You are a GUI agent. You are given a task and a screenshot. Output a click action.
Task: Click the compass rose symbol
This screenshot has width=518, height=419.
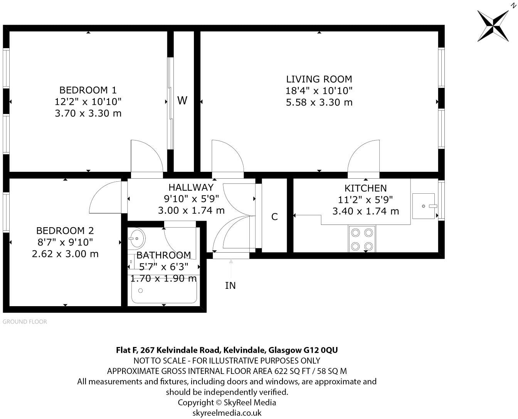[x=493, y=26]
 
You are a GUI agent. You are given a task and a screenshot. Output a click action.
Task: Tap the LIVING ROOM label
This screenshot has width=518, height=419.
[x=319, y=79]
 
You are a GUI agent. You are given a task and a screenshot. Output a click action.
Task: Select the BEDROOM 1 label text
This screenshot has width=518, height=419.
[x=88, y=90]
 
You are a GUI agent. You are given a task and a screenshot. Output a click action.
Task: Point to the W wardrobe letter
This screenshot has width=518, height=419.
[x=182, y=101]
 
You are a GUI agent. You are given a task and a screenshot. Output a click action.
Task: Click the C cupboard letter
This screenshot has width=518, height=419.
[x=274, y=216]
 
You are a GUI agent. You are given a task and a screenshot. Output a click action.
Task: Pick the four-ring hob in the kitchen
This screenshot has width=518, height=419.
[x=362, y=240]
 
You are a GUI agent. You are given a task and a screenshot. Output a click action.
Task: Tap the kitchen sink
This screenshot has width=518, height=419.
[x=424, y=206]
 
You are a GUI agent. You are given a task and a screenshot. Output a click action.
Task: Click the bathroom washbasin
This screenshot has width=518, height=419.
[x=136, y=238]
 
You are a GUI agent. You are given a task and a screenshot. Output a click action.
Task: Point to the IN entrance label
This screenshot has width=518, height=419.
[x=230, y=286]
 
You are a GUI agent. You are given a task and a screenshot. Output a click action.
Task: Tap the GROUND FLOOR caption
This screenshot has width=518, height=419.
[x=25, y=322]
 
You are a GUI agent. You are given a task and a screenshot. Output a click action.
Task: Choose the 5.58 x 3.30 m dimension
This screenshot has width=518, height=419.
[x=319, y=102]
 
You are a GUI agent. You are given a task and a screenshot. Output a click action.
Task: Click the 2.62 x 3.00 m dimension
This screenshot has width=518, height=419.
[x=65, y=254]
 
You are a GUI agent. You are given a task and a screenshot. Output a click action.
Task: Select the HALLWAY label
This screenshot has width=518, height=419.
[x=191, y=188]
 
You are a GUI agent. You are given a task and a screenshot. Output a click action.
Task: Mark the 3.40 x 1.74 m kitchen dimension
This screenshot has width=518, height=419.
[x=365, y=211]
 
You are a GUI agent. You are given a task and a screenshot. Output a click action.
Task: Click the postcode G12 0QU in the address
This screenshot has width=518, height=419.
[x=321, y=350]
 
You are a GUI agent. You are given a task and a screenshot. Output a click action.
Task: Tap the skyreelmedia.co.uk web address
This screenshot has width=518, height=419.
[x=227, y=413]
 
